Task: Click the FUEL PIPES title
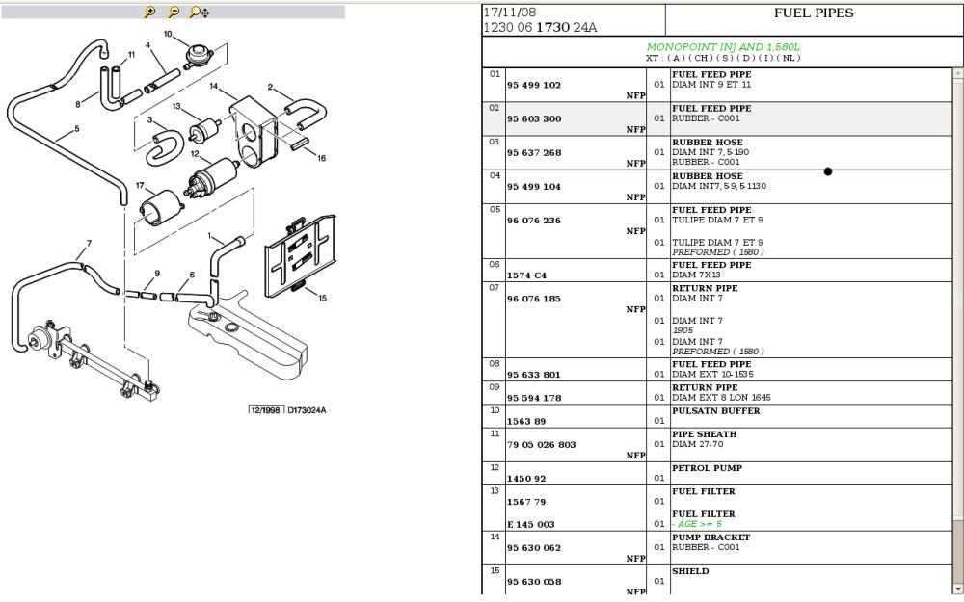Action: [x=814, y=13]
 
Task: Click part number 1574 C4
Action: [x=526, y=275]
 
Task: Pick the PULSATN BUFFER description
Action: [x=715, y=411]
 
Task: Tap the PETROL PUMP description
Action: [x=708, y=468]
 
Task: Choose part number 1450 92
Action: [x=526, y=478]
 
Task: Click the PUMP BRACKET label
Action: [x=710, y=537]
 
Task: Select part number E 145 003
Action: [x=531, y=524]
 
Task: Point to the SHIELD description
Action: [x=690, y=571]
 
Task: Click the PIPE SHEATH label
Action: [x=704, y=434]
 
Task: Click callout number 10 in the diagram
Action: [x=168, y=35]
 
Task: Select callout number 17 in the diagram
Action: [x=140, y=186]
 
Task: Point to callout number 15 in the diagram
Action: [x=322, y=298]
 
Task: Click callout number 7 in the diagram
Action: [x=89, y=244]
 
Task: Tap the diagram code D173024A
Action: [x=306, y=410]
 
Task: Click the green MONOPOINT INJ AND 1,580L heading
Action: [x=723, y=46]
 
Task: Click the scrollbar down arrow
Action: [x=957, y=588]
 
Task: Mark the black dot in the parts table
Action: [x=827, y=171]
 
